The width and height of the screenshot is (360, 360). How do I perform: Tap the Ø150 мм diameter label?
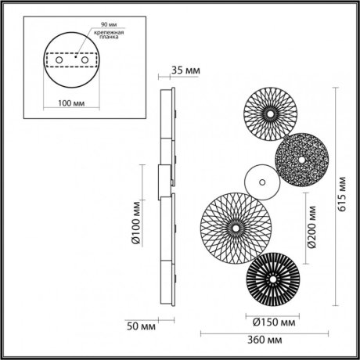(272, 321)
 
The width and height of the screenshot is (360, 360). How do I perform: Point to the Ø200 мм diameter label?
(311, 228)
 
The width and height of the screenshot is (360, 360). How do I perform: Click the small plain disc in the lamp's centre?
(260, 182)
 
